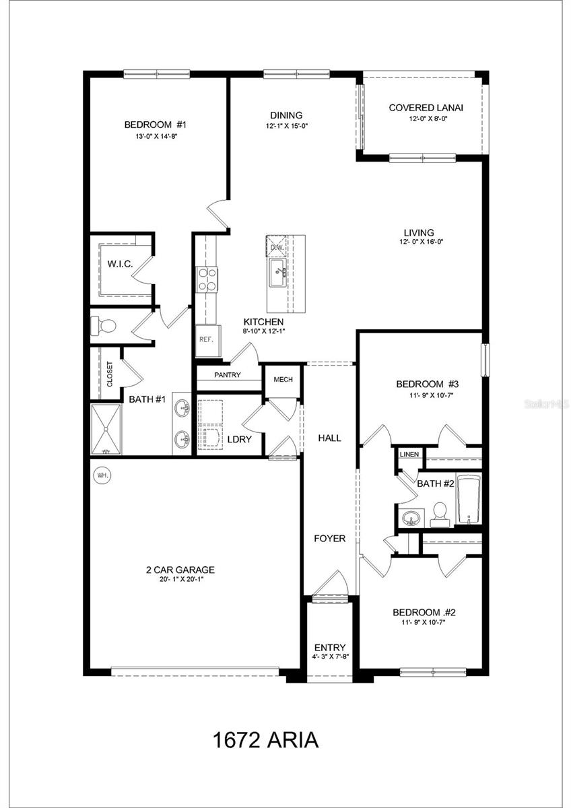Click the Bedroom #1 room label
click(x=155, y=125)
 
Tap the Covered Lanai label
click(x=426, y=108)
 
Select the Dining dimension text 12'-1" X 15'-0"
click(x=286, y=126)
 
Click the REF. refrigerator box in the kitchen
click(x=205, y=339)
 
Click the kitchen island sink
click(x=279, y=273)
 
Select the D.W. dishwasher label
click(x=277, y=247)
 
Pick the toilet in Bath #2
click(x=440, y=513)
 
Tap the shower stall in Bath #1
click(x=106, y=430)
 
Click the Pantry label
click(x=228, y=375)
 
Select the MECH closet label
click(x=283, y=380)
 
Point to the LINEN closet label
click(x=409, y=454)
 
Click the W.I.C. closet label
click(x=120, y=264)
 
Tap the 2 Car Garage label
click(x=180, y=569)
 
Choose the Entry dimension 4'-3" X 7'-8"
click(x=330, y=657)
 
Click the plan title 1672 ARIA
click(x=265, y=741)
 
